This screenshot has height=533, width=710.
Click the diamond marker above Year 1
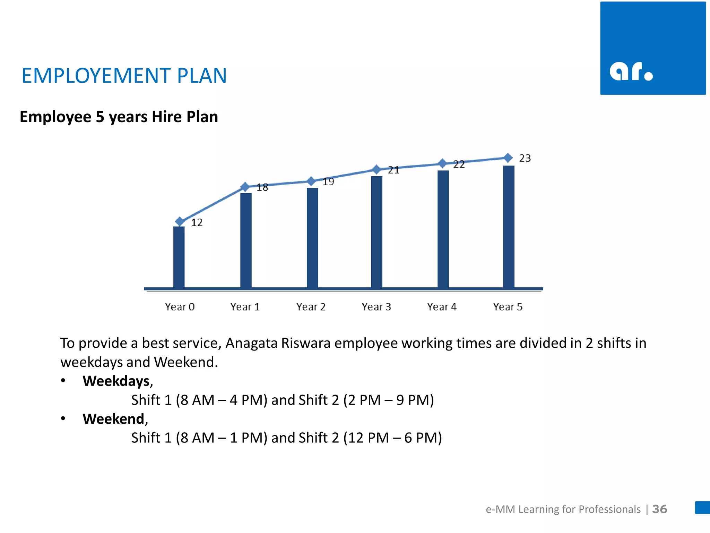[x=245, y=187]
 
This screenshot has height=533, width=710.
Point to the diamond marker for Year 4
[x=442, y=163]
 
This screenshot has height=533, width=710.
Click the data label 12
[x=197, y=222]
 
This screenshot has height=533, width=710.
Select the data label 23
[x=525, y=158]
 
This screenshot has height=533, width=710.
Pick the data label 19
[x=328, y=181]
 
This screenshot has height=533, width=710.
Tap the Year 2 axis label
[x=311, y=307]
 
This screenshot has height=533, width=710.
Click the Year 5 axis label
[x=508, y=307]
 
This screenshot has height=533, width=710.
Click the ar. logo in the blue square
[x=631, y=71]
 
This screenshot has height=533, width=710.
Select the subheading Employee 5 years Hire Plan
[x=119, y=117]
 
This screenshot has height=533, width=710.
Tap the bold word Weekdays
[x=116, y=381]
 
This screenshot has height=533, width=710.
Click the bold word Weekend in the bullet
[x=113, y=419]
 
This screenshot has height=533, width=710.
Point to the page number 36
[x=659, y=509]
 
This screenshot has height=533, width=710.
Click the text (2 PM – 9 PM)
[x=389, y=400]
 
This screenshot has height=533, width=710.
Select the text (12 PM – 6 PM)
[x=392, y=438]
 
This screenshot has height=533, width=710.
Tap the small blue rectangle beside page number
[x=702, y=507]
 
